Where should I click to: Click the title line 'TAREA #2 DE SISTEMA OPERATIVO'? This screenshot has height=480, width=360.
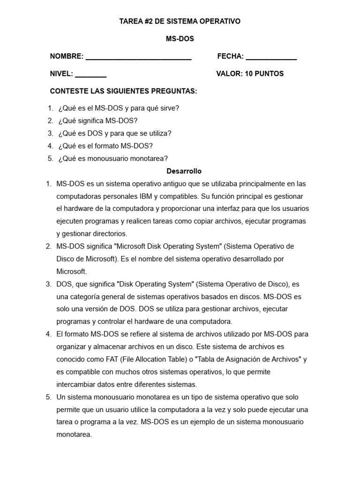click(x=180, y=21)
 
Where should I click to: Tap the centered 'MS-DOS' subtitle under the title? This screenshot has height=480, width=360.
click(x=180, y=39)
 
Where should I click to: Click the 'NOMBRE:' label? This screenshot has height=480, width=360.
click(x=67, y=57)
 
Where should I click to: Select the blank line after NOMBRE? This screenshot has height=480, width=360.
click(x=139, y=58)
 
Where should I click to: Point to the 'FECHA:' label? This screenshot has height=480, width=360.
click(x=231, y=57)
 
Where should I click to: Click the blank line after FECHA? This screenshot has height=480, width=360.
click(x=271, y=58)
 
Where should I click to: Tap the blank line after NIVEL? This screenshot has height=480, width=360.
click(x=90, y=75)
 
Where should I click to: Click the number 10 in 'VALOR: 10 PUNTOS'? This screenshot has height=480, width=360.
click(x=248, y=74)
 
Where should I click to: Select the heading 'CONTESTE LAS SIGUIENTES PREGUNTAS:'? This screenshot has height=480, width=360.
click(x=124, y=91)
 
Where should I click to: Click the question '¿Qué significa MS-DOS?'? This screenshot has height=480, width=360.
click(x=97, y=120)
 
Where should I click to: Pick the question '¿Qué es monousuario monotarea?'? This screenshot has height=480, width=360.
click(x=113, y=158)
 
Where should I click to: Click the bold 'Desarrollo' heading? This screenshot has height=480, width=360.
click(x=184, y=171)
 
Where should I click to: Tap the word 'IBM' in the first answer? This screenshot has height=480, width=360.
click(x=157, y=196)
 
